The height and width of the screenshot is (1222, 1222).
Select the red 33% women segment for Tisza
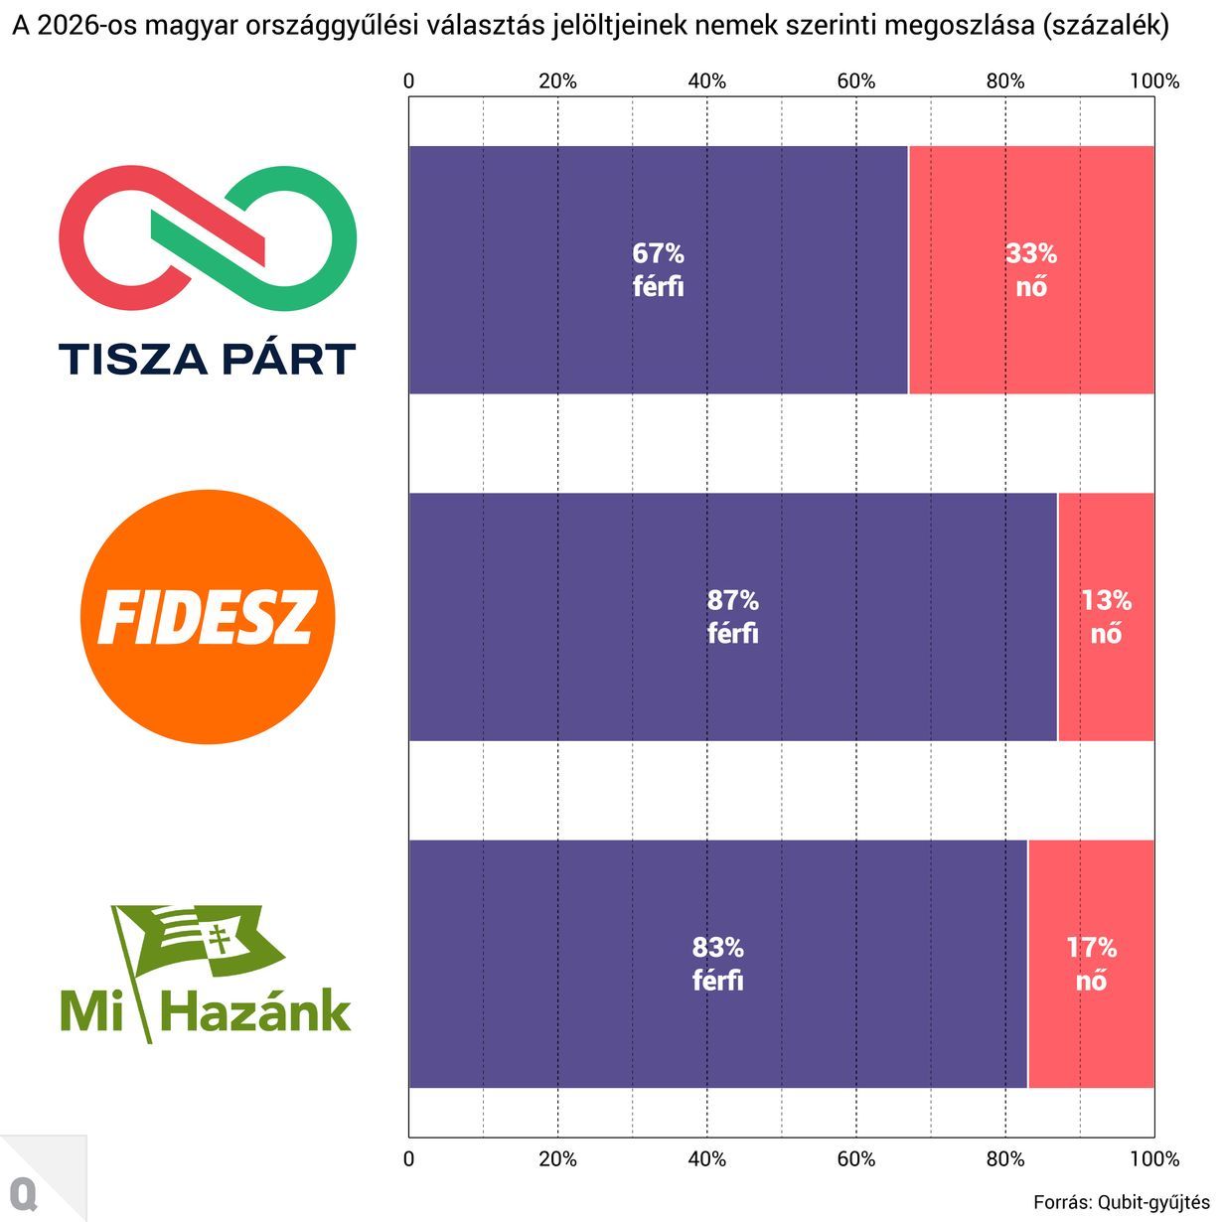(x=1031, y=338)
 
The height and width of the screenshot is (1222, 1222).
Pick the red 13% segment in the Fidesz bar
(x=1106, y=686)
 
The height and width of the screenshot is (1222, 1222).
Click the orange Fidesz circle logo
(x=208, y=617)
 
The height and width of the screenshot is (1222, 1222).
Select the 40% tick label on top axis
(x=706, y=81)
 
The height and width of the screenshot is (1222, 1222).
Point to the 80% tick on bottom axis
(x=1004, y=1158)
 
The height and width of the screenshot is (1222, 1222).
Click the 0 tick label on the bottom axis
(x=408, y=1158)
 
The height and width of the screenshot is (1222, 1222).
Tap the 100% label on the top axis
(x=1153, y=81)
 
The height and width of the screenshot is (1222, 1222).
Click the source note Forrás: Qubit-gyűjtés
(x=1121, y=1202)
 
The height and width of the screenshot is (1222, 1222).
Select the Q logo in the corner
(x=23, y=1193)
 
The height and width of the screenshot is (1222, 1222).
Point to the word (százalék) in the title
(x=1104, y=26)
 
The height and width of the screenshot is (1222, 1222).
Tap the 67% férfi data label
(x=658, y=269)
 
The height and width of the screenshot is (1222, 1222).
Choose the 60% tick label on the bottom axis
(x=855, y=1158)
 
